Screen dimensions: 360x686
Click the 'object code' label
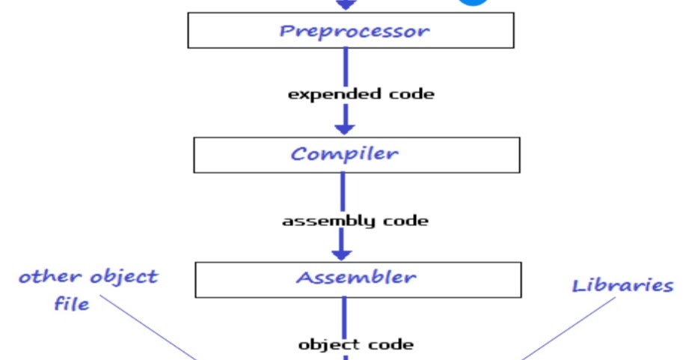click(355, 344)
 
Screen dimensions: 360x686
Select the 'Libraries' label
click(622, 285)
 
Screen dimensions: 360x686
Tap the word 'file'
click(71, 304)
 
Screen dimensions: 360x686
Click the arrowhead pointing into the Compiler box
click(344, 125)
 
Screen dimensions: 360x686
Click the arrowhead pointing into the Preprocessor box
click(344, 4)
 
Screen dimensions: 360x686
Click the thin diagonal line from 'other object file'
click(150, 327)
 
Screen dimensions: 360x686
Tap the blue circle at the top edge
click(473, 3)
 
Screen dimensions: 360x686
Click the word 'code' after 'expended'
click(412, 94)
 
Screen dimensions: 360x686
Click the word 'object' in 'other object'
click(123, 277)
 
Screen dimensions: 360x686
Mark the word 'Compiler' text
click(344, 154)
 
